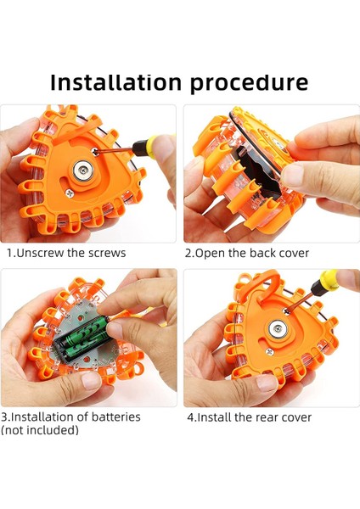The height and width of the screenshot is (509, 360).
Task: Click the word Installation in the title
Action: click(x=115, y=82)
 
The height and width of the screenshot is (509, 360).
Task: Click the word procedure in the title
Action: click(x=249, y=84)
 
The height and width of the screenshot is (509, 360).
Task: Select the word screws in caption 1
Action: click(x=107, y=253)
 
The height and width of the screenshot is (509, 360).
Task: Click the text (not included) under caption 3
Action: click(x=40, y=430)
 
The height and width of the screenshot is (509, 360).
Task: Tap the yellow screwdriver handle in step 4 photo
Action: click(x=327, y=282)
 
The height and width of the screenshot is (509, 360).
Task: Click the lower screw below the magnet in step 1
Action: click(x=69, y=193)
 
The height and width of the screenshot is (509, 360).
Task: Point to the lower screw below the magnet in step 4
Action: click(x=268, y=351)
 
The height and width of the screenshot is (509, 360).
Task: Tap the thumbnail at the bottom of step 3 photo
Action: click(x=90, y=380)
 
